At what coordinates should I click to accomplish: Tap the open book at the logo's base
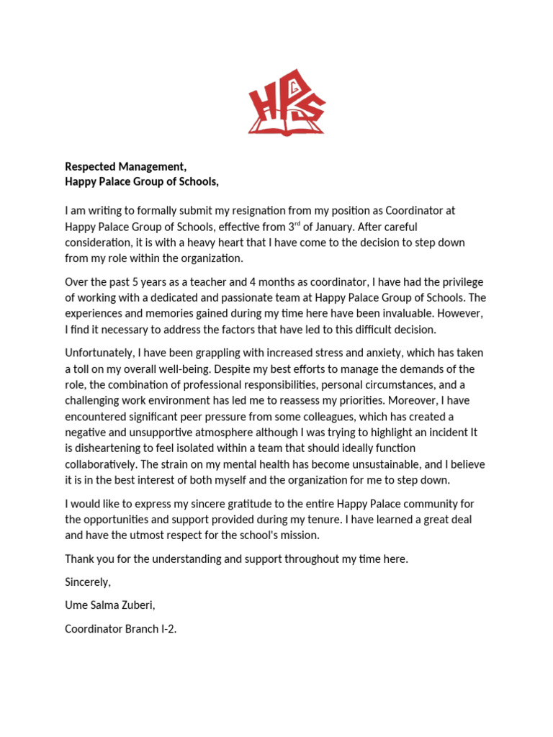click(286, 127)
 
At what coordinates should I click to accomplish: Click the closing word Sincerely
click(88, 582)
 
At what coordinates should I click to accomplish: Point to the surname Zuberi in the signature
click(136, 605)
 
